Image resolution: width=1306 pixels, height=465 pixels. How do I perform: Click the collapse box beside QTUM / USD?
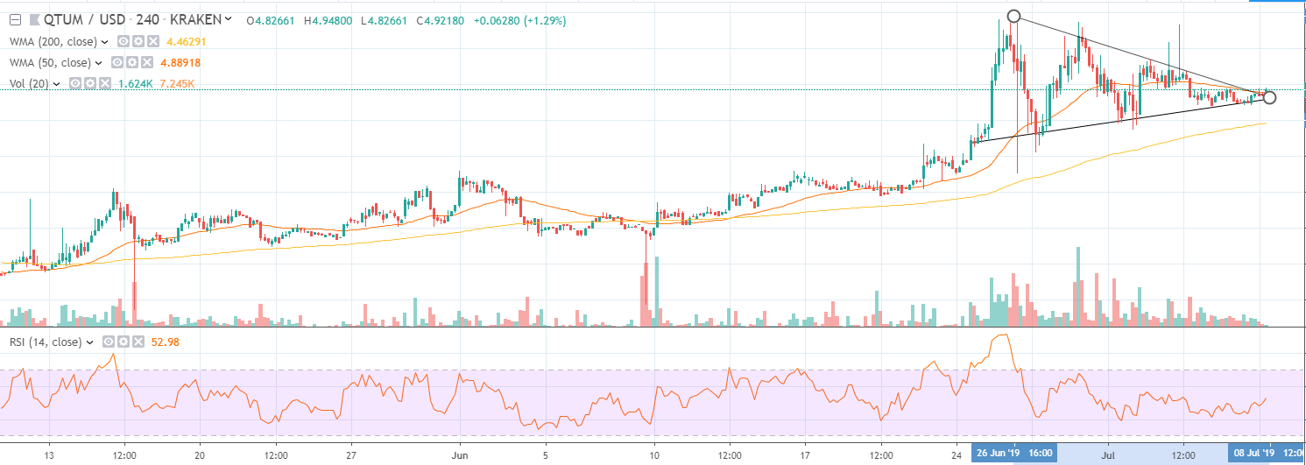[14, 18]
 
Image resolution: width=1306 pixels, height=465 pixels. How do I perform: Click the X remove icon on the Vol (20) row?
[105, 83]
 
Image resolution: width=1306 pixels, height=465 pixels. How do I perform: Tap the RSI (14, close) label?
[44, 342]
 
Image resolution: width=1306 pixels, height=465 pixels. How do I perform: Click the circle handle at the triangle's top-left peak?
[1014, 16]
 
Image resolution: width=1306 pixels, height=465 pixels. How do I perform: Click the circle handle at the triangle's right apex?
[1269, 97]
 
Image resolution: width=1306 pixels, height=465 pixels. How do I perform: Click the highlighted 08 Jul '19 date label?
[1252, 454]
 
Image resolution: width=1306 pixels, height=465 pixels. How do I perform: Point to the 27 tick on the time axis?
[350, 454]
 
